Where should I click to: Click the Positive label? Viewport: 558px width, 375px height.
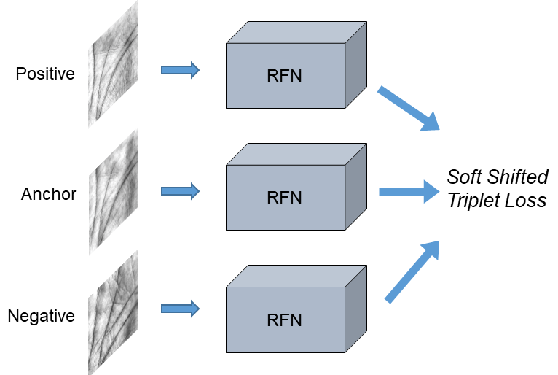click(45, 74)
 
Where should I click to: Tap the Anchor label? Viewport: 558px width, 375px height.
click(49, 194)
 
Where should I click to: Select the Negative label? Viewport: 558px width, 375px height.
click(42, 316)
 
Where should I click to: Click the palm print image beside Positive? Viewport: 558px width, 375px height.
click(113, 64)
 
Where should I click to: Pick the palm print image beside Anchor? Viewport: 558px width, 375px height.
click(113, 192)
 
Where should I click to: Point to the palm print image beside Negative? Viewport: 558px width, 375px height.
click(113, 312)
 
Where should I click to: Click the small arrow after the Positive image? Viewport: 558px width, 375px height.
click(180, 70)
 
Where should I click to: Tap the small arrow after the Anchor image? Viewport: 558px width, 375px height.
click(180, 191)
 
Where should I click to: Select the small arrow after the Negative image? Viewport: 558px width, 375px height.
click(180, 309)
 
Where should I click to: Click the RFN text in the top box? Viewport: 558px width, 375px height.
click(284, 76)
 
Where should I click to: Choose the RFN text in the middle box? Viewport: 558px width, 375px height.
click(284, 198)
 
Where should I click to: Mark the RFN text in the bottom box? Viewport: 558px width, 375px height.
click(284, 320)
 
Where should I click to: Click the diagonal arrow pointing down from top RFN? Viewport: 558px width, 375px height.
click(409, 108)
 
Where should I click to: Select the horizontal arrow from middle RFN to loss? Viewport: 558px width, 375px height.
click(409, 191)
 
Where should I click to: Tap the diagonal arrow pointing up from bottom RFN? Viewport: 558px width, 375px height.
click(412, 272)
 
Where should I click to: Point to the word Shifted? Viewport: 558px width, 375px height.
click(518, 177)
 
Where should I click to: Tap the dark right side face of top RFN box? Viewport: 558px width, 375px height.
click(356, 64)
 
